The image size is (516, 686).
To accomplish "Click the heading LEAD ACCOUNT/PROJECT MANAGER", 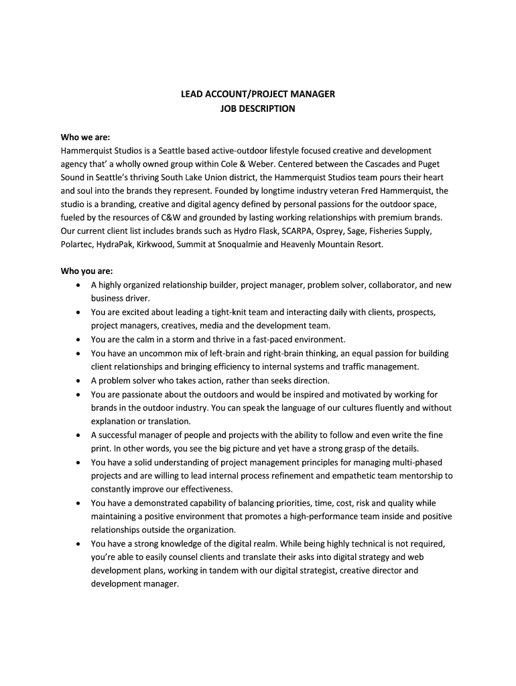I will [x=258, y=94].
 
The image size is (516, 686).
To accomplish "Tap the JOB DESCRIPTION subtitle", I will [x=258, y=109].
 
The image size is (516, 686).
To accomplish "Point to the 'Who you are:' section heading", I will [x=87, y=271].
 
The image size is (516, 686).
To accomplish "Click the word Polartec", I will [x=77, y=245].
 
